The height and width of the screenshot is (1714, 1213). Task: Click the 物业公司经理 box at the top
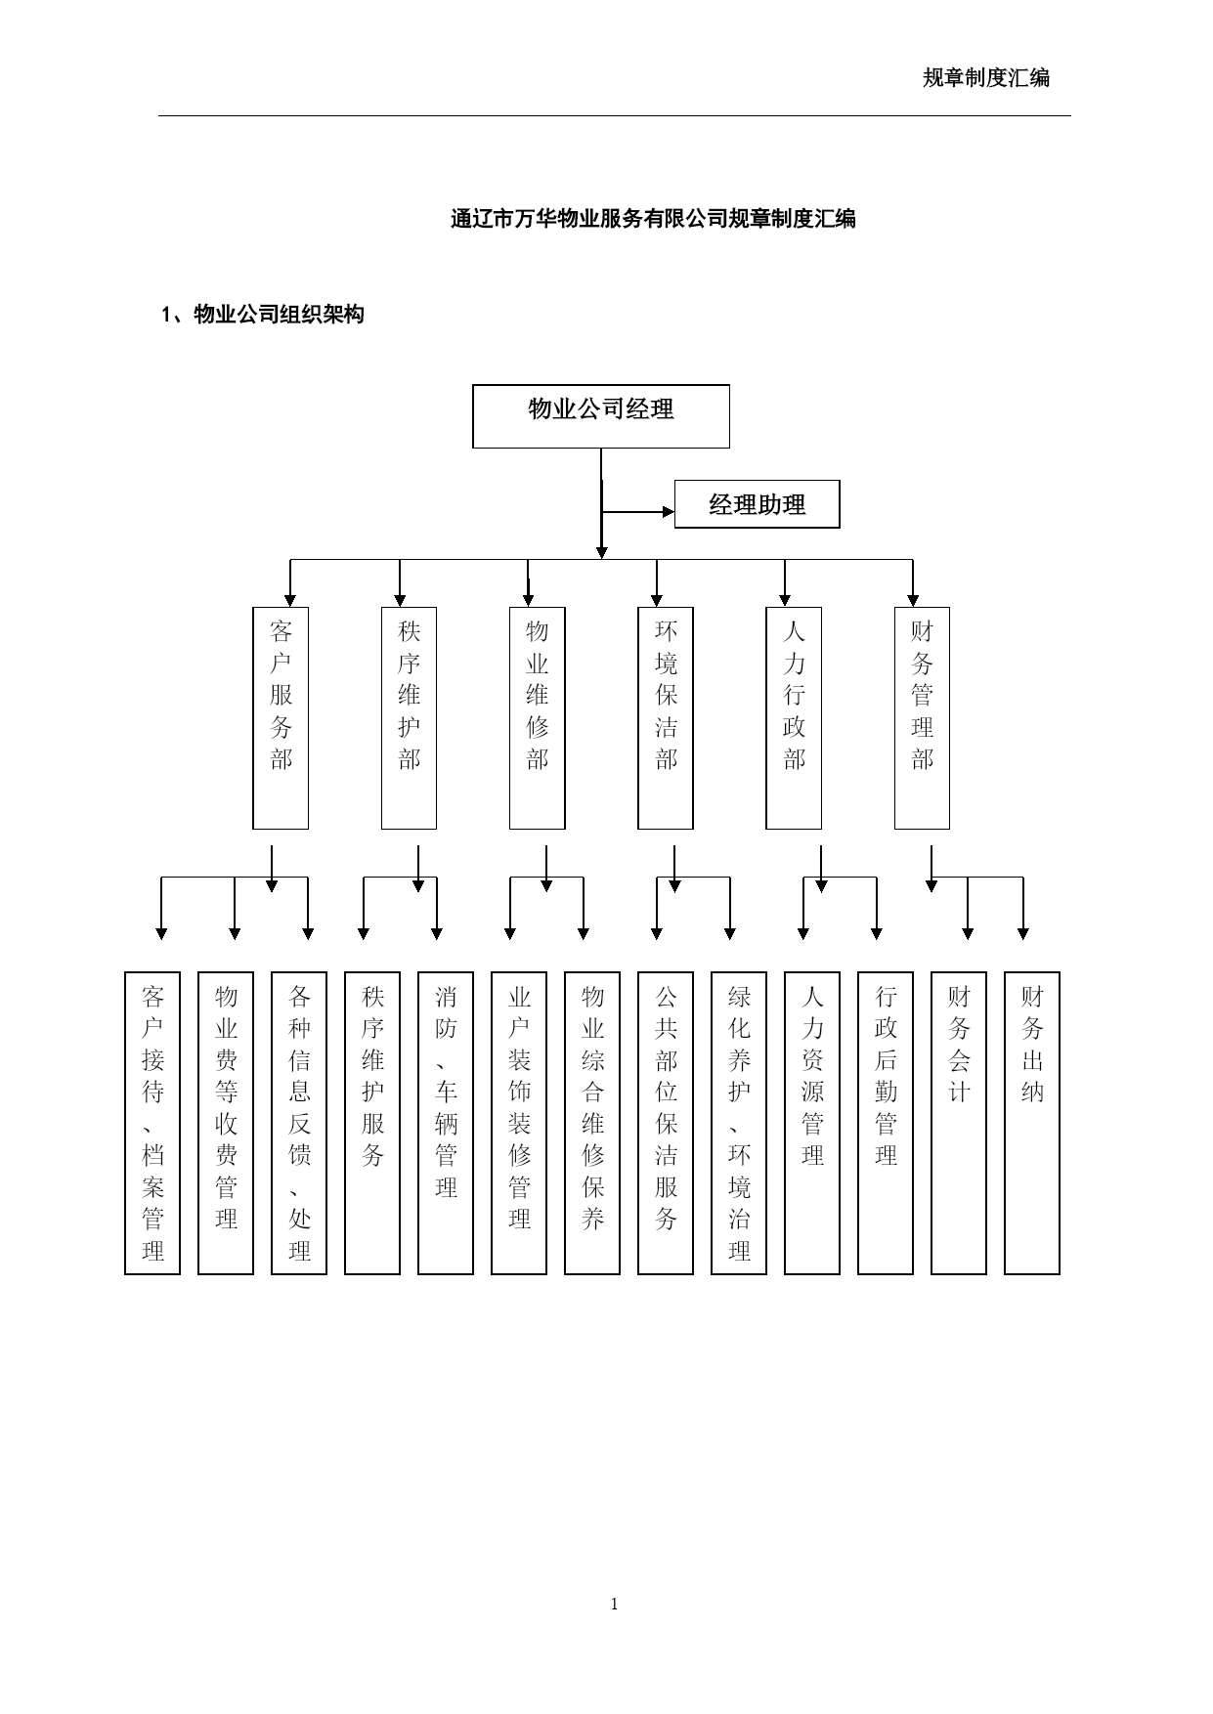pos(601,416)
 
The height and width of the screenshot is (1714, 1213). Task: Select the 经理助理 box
pos(757,504)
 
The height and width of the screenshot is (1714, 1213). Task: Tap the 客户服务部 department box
pos(281,718)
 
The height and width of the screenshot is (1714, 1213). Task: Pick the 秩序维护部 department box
pos(409,718)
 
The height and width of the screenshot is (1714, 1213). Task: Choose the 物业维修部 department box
pos(538,718)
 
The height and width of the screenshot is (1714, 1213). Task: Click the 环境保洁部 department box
pos(666,718)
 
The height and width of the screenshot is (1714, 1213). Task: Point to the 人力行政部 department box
pos(794,718)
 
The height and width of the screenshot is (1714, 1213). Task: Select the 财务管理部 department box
pos(922,718)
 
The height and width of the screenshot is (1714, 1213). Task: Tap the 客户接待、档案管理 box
pos(152,1123)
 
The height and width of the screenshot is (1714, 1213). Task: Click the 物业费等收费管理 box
pos(226,1123)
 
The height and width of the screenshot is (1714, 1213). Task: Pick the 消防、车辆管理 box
pos(446,1123)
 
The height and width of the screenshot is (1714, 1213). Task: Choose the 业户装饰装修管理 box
pos(519,1123)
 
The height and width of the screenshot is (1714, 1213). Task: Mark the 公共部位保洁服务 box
pos(666,1123)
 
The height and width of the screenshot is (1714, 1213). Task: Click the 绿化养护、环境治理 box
pos(739,1123)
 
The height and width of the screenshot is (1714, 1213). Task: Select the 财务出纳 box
pos(1032,1123)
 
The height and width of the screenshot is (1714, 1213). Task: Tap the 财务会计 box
pos(959,1123)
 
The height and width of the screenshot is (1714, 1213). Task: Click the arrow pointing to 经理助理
pos(638,511)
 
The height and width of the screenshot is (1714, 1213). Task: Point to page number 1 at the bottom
pos(614,1604)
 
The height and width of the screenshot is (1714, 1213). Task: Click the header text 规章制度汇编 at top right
pos(986,78)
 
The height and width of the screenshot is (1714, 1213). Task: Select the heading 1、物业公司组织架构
pos(263,315)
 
